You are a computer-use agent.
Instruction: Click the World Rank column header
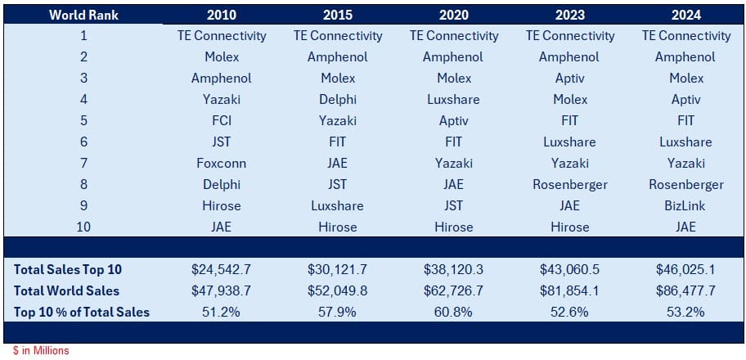pos(83,15)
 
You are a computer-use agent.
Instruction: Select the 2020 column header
pos(453,15)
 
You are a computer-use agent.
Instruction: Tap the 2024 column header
pos(686,15)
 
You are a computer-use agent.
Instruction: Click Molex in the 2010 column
pos(222,57)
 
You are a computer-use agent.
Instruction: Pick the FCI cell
pos(222,120)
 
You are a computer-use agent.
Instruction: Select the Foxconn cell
pos(222,164)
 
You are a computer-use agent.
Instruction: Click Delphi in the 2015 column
pos(338,100)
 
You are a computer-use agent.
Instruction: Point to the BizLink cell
pos(686,205)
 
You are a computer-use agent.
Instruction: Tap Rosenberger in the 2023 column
pos(570,184)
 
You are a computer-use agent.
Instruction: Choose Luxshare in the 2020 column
pos(453,100)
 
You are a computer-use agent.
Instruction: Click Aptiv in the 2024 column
pos(686,100)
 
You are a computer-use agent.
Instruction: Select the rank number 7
pos(83,164)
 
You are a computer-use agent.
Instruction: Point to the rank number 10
pos(83,227)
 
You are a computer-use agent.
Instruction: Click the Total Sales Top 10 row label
pos(68,269)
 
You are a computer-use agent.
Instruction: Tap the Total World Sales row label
pos(66,290)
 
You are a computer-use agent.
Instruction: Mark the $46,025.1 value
pos(686,269)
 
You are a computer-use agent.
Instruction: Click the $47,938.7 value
pos(222,290)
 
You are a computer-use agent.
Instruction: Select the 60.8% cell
pos(453,312)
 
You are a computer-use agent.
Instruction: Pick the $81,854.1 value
pos(570,290)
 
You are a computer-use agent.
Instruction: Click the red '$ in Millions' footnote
pos(41,351)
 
